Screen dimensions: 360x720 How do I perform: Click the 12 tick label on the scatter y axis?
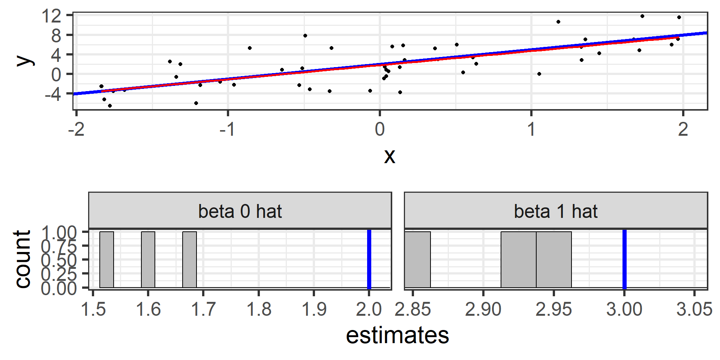click(51, 16)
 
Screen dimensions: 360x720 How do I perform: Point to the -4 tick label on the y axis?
click(52, 94)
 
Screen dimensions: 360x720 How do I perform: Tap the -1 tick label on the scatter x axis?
click(227, 129)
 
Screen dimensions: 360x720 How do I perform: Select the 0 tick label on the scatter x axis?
click(379, 129)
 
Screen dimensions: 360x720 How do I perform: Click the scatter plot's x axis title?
click(390, 156)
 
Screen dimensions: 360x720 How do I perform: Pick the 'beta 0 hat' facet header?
click(240, 211)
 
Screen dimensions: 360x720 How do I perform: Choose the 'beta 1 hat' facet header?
click(556, 211)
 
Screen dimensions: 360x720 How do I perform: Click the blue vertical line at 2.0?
click(369, 259)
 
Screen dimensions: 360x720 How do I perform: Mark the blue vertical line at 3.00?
click(624, 259)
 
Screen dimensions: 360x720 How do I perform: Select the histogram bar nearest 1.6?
click(148, 259)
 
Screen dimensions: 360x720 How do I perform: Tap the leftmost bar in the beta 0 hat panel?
click(106, 259)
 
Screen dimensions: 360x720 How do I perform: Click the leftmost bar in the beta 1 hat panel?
click(418, 259)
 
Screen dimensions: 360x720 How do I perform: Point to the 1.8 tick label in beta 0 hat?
click(259, 309)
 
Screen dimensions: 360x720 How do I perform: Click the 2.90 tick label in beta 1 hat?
click(483, 309)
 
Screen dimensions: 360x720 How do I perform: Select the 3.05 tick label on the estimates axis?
click(694, 309)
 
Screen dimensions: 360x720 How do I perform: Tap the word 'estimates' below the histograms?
click(397, 335)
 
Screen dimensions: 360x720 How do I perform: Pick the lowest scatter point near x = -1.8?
click(110, 106)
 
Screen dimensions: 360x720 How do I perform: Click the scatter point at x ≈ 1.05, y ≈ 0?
click(539, 74)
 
